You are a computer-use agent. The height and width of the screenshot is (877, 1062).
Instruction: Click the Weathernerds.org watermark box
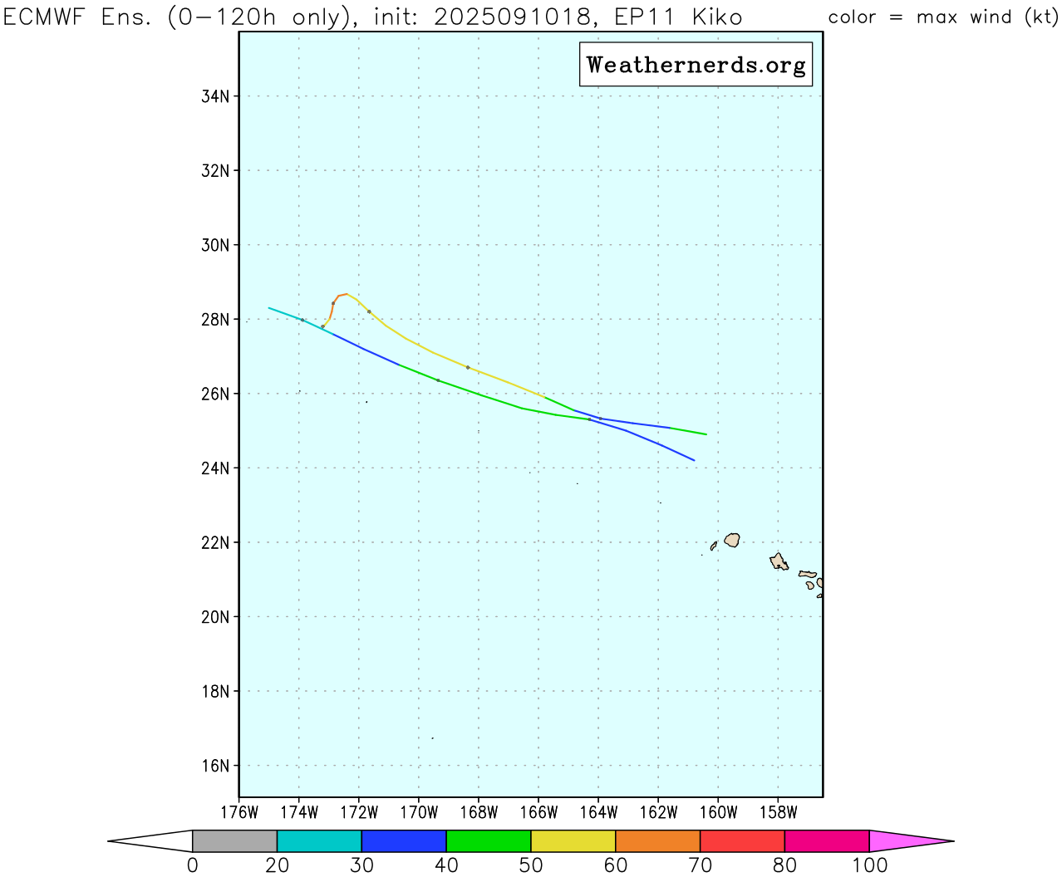pos(696,65)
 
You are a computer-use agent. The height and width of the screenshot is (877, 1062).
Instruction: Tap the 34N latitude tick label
pos(215,96)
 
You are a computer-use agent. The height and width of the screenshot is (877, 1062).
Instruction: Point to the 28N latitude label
pos(215,320)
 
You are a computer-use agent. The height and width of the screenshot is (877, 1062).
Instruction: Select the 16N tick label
pos(215,766)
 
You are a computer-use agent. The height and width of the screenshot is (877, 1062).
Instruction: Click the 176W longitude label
pos(239,812)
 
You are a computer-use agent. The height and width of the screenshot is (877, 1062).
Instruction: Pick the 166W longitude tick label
pos(538,812)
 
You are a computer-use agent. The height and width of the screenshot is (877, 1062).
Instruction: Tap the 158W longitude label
pos(778,812)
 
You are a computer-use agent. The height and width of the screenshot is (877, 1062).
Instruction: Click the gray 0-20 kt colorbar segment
pos(234,841)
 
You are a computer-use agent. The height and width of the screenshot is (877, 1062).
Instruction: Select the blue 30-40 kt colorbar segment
pos(404,841)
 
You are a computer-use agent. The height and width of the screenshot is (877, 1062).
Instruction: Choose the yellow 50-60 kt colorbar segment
pos(573,841)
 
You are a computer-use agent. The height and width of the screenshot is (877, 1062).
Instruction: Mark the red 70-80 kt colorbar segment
pos(742,841)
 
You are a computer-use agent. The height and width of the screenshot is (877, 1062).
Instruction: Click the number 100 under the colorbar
pos(869,865)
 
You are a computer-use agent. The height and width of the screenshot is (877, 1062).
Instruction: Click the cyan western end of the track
pos(283,312)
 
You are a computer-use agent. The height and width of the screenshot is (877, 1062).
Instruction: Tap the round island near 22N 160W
pos(732,540)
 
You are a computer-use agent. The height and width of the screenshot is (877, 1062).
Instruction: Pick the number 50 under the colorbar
pos(530,865)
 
